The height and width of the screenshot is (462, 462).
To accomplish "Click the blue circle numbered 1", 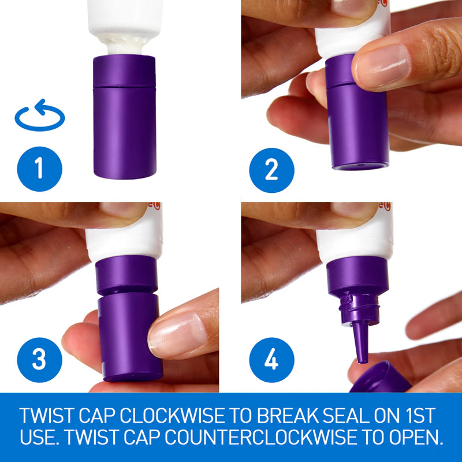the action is tap(39, 169).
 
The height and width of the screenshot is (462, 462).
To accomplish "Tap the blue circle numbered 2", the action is tap(271, 170).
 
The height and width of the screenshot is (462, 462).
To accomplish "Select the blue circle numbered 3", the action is tap(39, 360).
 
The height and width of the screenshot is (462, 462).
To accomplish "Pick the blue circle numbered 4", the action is tap(271, 360).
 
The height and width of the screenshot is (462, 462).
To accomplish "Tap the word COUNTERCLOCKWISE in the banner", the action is tap(254, 437).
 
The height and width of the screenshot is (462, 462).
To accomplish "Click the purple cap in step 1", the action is tap(124, 117).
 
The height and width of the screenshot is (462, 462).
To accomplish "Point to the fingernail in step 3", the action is tap(178, 335).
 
